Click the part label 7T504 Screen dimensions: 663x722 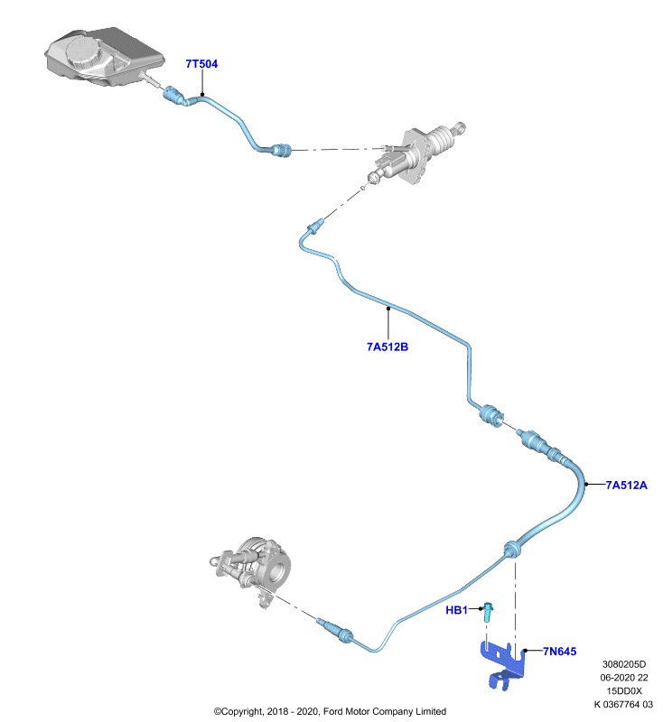[x=201, y=64]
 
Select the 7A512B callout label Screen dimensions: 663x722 [x=388, y=347]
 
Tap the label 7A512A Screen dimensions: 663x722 [x=626, y=485]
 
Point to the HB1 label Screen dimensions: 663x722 [x=456, y=610]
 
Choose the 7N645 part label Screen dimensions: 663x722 [x=559, y=651]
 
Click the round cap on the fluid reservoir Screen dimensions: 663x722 [x=84, y=52]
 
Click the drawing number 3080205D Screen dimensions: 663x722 [x=624, y=664]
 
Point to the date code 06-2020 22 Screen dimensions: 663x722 [x=624, y=678]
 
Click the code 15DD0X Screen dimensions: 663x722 [x=624, y=691]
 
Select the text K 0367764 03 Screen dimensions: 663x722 [x=623, y=705]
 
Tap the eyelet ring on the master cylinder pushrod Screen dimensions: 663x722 [x=460, y=127]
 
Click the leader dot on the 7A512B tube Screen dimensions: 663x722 [x=388, y=308]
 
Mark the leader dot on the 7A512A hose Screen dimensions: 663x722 [x=586, y=484]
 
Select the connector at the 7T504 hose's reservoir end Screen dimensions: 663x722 [x=175, y=96]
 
